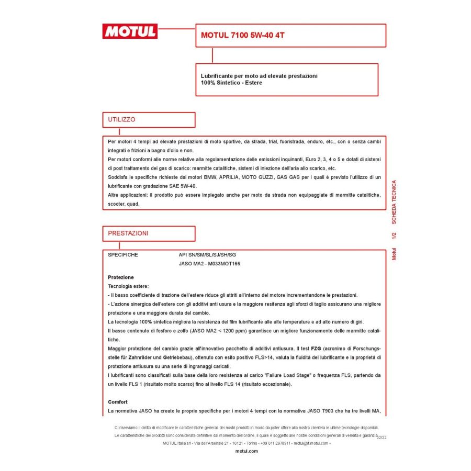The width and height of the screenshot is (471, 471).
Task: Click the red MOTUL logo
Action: click(130, 31)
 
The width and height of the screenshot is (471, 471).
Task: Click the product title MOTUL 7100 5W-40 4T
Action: click(243, 36)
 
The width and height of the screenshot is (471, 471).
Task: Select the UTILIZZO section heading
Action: click(121, 119)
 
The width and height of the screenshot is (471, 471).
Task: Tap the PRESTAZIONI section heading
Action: click(128, 233)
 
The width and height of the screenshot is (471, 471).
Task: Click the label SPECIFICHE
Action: click(123, 255)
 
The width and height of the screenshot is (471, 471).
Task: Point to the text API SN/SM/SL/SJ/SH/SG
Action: click(208, 255)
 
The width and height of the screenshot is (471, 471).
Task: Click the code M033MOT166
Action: click(225, 264)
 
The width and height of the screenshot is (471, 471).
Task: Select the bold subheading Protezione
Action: click(121, 277)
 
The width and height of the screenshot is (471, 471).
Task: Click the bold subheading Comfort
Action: click(118, 402)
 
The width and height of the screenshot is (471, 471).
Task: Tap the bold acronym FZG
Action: click(316, 349)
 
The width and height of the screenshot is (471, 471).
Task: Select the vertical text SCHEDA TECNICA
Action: click(394, 202)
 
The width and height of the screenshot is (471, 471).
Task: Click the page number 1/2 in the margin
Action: click(394, 235)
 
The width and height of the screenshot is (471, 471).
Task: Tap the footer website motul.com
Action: click(247, 451)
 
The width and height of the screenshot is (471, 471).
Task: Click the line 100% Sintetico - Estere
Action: click(231, 83)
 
